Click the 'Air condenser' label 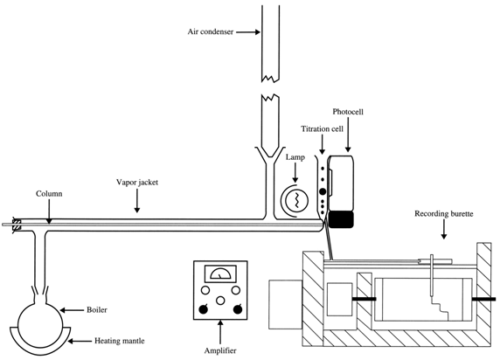click(x=212, y=32)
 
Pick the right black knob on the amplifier click(x=237, y=308)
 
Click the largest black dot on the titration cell click(x=322, y=190)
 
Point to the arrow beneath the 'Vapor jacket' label click(x=137, y=204)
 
